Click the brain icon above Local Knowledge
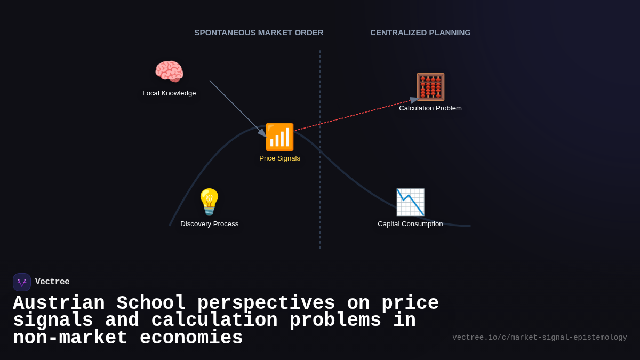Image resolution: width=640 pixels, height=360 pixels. tap(169, 71)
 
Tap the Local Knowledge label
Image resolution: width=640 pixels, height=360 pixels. tap(169, 93)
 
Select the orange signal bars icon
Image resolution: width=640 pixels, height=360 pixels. tap(279, 137)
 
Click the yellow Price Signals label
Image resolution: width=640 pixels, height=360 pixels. tap(279, 158)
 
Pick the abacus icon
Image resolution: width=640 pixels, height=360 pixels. tap(430, 87)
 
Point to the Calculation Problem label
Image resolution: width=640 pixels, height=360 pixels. tap(430, 108)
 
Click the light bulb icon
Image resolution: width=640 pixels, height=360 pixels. tap(209, 202)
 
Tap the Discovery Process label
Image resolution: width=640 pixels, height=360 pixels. tap(209, 224)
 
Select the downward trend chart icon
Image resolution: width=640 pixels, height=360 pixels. tap(410, 202)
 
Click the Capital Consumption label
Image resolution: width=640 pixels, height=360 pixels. tap(410, 224)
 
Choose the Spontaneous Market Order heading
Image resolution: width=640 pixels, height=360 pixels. tap(259, 33)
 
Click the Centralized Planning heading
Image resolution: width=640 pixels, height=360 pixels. tap(420, 33)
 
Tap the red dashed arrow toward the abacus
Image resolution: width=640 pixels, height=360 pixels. tap(352, 116)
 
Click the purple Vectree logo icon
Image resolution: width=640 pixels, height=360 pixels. tap(22, 282)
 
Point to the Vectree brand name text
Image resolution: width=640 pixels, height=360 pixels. tap(52, 282)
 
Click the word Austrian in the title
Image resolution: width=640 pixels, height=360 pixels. tap(59, 303)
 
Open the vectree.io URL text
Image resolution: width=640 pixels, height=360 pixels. tap(539, 338)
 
